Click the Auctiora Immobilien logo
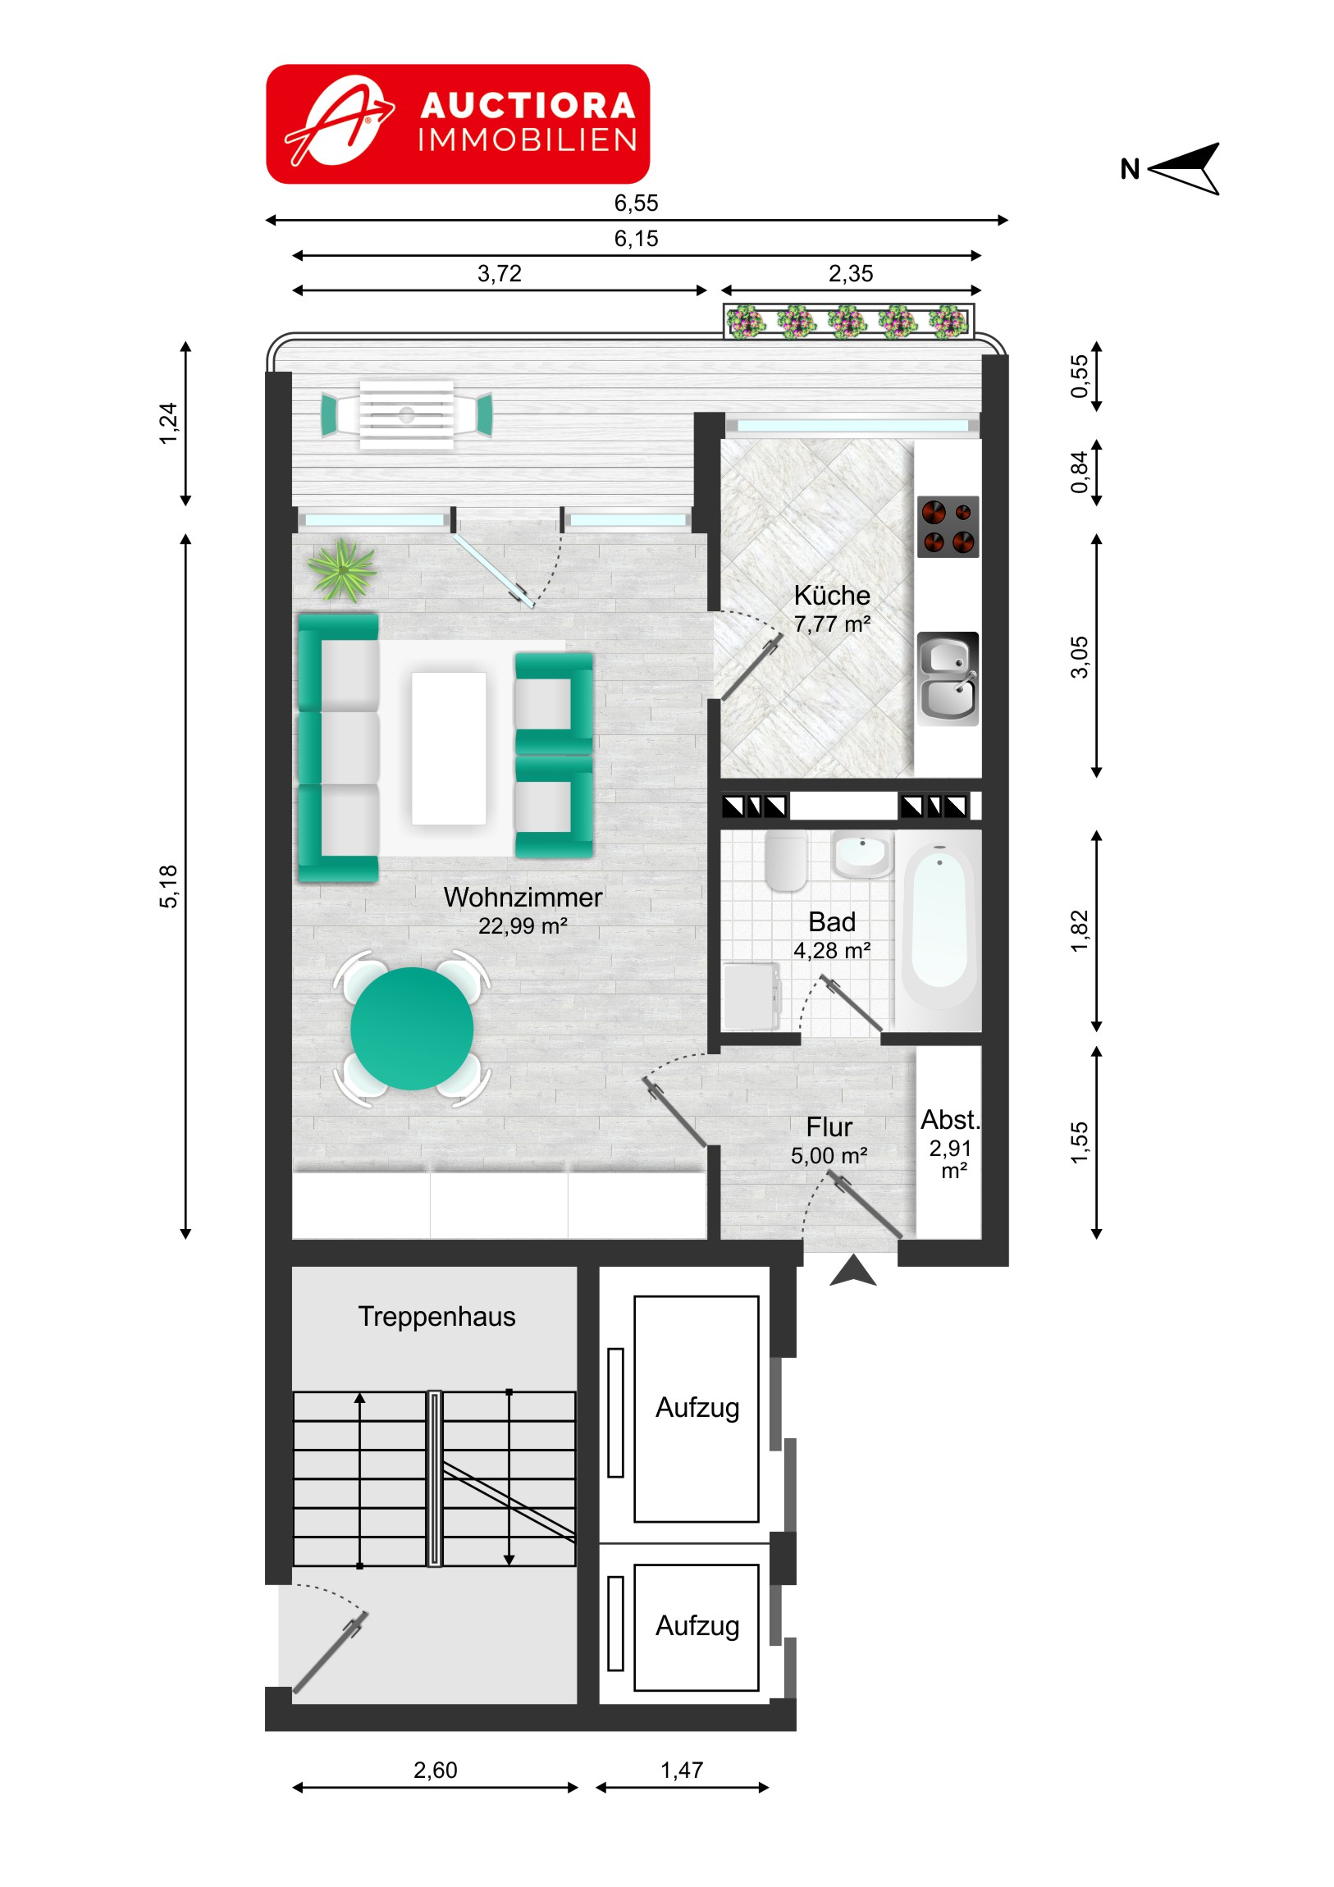(x=458, y=123)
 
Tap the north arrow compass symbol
(x=1182, y=168)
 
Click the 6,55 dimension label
(x=636, y=203)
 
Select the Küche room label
(x=832, y=595)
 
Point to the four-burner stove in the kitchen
(x=948, y=527)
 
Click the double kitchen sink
(x=948, y=678)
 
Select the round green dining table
(x=412, y=1028)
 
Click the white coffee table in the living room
(x=449, y=748)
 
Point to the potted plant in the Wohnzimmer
(x=341, y=570)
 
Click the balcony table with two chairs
(x=407, y=415)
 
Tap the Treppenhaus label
(x=436, y=1317)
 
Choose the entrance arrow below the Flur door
(x=853, y=1271)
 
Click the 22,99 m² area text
(x=523, y=926)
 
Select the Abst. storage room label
(x=949, y=1120)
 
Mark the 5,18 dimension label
(x=167, y=886)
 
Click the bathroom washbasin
(x=861, y=855)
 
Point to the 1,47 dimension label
(x=682, y=1771)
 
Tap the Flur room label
(x=829, y=1126)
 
